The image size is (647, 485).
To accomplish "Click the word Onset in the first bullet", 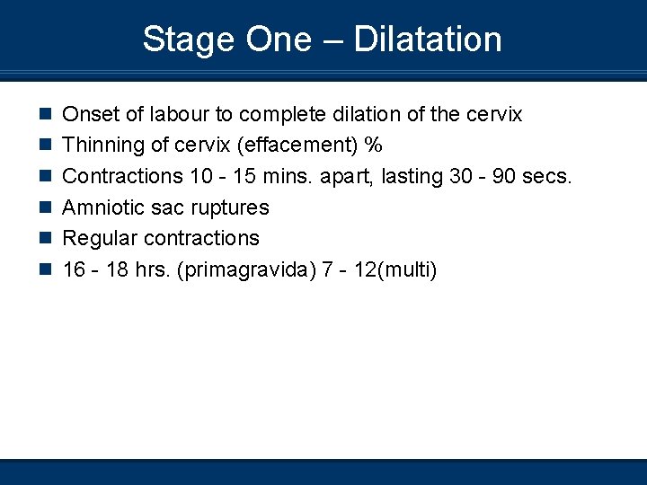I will pyautogui.click(x=86, y=115).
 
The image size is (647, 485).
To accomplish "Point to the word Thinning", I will pyautogui.click(x=97, y=145).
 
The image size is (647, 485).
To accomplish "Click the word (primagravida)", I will pyautogui.click(x=248, y=269).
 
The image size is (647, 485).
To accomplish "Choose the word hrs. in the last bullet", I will pyautogui.click(x=154, y=269).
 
